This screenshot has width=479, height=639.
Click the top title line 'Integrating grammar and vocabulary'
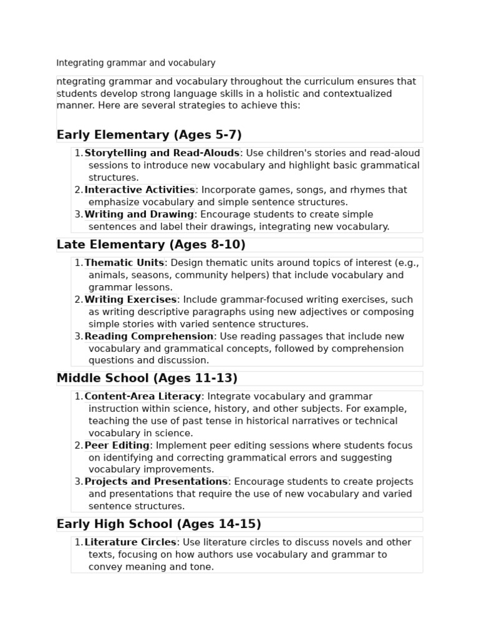pos(136,63)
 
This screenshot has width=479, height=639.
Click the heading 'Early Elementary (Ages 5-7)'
pos(149,135)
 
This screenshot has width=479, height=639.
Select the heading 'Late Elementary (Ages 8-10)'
pos(151,245)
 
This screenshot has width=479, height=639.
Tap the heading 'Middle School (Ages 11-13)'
pos(147,378)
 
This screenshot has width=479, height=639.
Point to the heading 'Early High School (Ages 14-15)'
pos(159,524)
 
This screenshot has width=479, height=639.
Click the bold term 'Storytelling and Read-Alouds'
pos(162,154)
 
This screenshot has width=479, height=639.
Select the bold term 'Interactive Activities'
pos(140,190)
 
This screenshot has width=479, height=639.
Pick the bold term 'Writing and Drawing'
pos(139,215)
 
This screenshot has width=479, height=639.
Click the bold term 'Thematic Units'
pos(124,263)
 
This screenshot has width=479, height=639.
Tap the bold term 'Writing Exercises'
pos(130,300)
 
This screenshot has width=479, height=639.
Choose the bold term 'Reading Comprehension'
pos(149,336)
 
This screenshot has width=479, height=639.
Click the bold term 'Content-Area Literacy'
pos(143,397)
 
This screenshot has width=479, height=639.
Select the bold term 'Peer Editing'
pos(117,446)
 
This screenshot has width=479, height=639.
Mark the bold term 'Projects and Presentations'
pos(156,482)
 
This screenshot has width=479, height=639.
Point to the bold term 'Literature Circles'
pos(130,543)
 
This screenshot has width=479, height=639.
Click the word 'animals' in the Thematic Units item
pos(107,275)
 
